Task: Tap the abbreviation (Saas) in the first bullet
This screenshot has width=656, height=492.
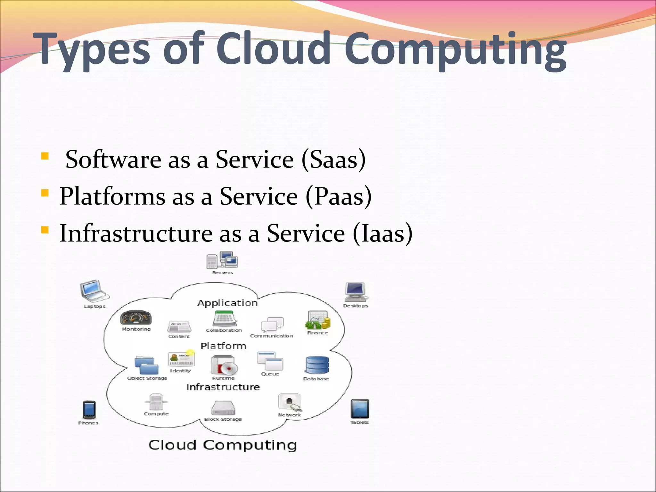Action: pos(333,160)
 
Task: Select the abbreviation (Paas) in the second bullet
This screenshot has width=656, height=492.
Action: pos(339,196)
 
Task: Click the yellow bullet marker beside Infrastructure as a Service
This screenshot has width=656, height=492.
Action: pos(45,230)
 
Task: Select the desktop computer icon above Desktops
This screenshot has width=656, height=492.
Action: pos(355,291)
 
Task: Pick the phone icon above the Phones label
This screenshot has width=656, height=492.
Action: pos(89,410)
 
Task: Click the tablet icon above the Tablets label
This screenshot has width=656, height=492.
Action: pos(360,409)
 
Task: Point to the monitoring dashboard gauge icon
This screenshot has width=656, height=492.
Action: pos(136,318)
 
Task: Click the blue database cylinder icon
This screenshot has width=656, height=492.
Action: pos(317,365)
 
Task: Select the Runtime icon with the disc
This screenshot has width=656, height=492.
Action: pos(224,365)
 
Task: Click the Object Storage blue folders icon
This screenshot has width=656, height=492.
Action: pos(147,365)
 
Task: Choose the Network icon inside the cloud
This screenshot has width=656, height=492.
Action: pos(290,402)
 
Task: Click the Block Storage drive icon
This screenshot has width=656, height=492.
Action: pos(223,408)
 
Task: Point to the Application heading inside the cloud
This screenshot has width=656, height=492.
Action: pos(227,303)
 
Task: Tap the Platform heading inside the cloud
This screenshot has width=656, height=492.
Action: pos(223,346)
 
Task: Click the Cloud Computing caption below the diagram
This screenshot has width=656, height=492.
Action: pos(223,445)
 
